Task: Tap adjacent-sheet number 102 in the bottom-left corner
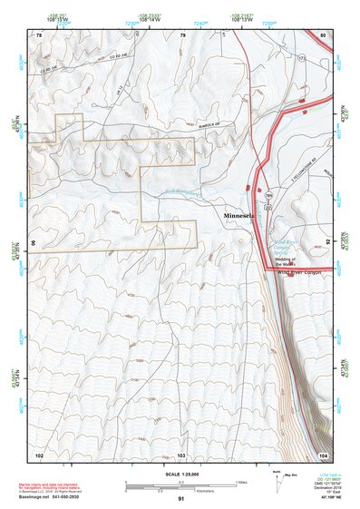tap(39, 454)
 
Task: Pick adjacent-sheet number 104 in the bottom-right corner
tap(323, 454)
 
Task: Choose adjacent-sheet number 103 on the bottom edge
tap(181, 454)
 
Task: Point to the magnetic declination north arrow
tap(277, 485)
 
